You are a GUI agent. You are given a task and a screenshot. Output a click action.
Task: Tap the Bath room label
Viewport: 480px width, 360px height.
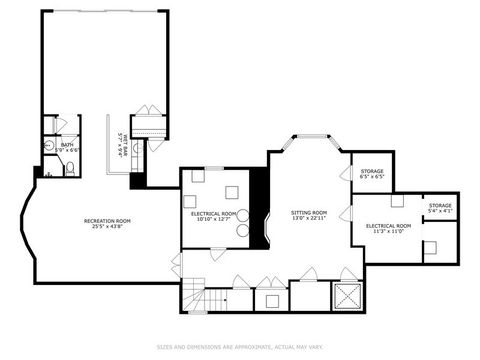pyautogui.click(x=67, y=145)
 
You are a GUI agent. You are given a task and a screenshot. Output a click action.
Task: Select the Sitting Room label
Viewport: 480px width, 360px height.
pyautogui.click(x=309, y=213)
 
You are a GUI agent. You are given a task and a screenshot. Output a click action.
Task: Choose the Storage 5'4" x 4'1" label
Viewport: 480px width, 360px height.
pyautogui.click(x=439, y=207)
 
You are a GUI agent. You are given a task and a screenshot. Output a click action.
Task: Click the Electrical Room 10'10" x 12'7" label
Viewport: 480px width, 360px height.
pyautogui.click(x=214, y=214)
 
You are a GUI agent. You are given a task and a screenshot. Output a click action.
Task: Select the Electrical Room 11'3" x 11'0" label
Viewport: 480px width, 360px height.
pyautogui.click(x=388, y=227)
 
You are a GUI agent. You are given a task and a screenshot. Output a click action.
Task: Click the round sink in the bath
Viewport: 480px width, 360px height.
pyautogui.click(x=48, y=145)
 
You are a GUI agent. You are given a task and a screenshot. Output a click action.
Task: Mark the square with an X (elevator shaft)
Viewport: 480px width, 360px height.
pyautogui.click(x=349, y=296)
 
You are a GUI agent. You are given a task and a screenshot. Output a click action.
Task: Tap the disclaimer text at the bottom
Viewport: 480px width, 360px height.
pyautogui.click(x=240, y=347)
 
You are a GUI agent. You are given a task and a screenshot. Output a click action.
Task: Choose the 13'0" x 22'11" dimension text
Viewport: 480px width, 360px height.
pyautogui.click(x=309, y=219)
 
